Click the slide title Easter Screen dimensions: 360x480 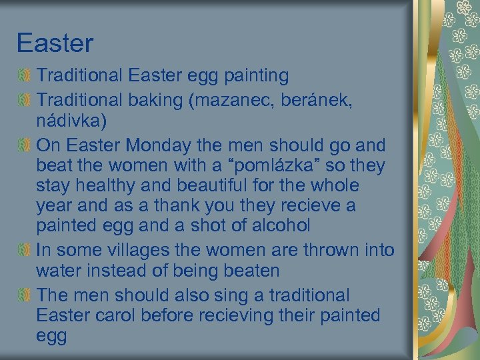click(55, 44)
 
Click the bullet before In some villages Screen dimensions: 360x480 click(24, 250)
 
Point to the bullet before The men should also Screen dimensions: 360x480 click(24, 295)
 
